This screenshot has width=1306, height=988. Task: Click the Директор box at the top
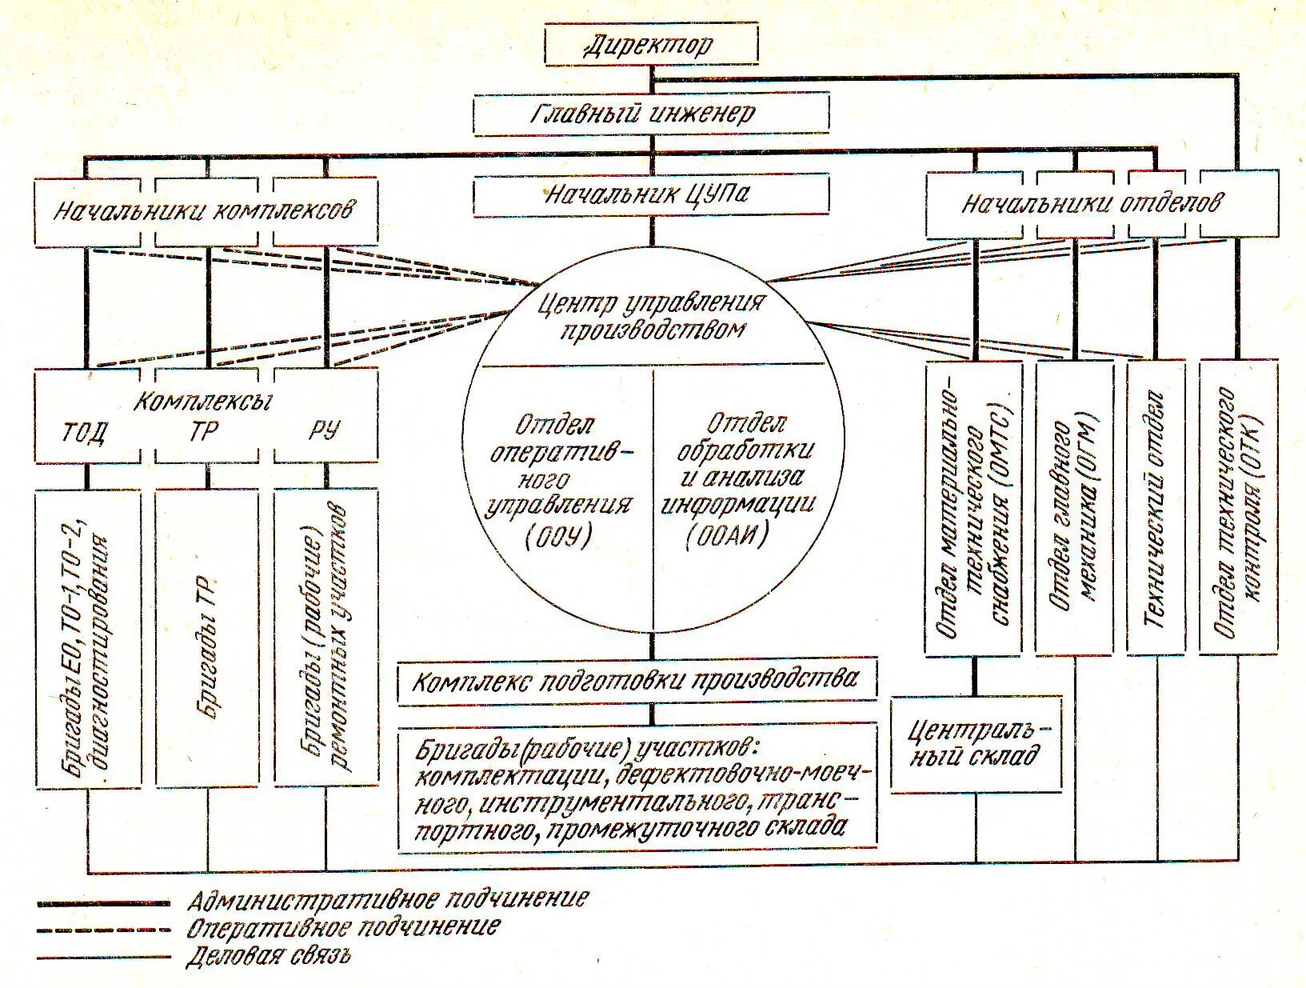point(651,45)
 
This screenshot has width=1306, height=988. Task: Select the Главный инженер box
point(651,114)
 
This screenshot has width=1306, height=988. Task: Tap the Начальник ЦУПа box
point(651,195)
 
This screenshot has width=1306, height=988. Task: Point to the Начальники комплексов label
point(205,211)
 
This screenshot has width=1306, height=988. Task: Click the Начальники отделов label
point(1091,203)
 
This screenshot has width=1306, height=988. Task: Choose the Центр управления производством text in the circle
point(653,316)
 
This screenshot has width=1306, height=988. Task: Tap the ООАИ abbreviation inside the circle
point(727,536)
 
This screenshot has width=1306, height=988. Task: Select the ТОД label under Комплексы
point(85,433)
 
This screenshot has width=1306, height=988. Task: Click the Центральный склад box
point(977,743)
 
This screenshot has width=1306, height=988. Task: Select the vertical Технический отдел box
point(1156,508)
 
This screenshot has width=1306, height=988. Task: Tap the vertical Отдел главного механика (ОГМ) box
point(1074,508)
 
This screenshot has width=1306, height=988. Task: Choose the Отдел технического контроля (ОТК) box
point(1238,508)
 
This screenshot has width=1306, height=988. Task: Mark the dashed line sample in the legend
point(104,929)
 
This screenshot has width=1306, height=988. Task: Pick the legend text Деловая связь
point(269,955)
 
